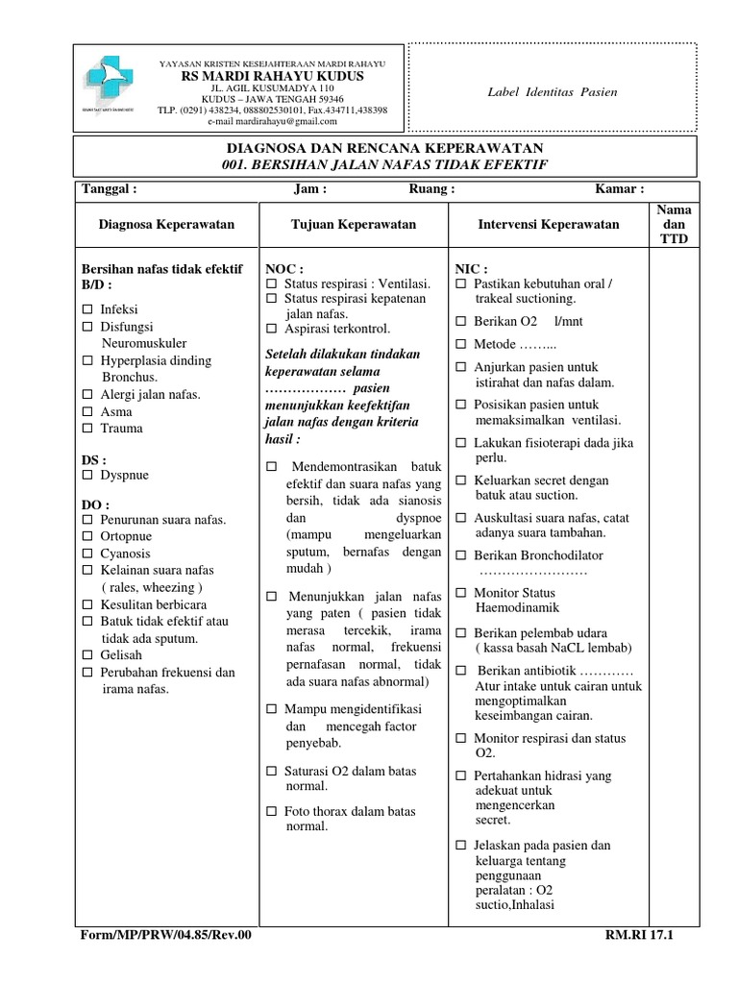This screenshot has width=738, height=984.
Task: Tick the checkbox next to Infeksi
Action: click(x=87, y=310)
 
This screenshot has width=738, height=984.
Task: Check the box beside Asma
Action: click(x=87, y=411)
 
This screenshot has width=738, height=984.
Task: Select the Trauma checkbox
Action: click(x=87, y=429)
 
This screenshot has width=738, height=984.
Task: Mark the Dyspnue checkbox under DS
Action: click(x=87, y=476)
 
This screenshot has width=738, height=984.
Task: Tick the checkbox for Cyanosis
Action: click(x=87, y=553)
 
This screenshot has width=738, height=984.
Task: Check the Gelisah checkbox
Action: click(x=87, y=654)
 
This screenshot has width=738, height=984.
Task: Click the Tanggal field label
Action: click(x=110, y=189)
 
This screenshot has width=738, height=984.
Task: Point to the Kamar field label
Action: click(x=619, y=189)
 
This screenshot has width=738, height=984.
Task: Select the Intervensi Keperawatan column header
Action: click(x=549, y=224)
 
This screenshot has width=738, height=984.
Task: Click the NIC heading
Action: click(x=471, y=268)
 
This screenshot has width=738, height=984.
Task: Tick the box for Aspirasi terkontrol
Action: click(x=271, y=329)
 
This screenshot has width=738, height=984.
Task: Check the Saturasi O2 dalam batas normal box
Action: click(x=271, y=771)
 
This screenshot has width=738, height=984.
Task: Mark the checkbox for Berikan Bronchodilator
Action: click(x=460, y=555)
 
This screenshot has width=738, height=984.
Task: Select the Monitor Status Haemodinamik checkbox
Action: click(x=460, y=593)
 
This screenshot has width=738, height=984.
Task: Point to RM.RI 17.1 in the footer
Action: click(x=641, y=933)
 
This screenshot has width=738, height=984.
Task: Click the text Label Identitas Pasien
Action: click(x=552, y=92)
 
